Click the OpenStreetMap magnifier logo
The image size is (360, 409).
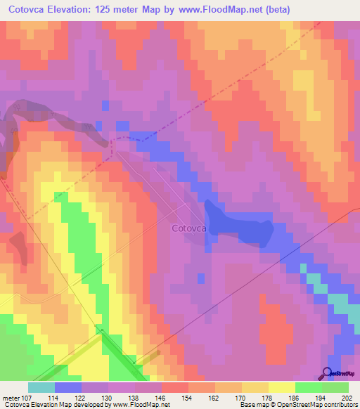coord(328,372)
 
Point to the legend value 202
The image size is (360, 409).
coord(347,397)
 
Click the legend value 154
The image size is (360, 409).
coord(188,397)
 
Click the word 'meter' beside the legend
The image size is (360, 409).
coord(11,397)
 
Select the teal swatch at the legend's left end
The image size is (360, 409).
coord(41,387)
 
